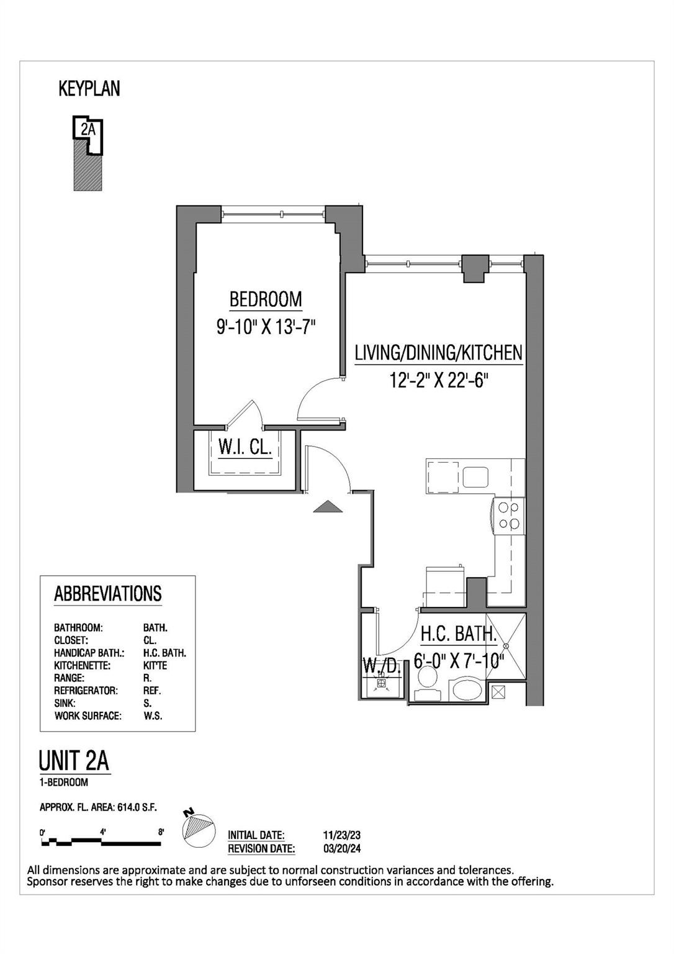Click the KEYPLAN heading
pos(89,89)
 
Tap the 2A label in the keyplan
pos(88,130)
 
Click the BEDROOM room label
pos(266,299)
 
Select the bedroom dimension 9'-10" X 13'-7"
pos(266,327)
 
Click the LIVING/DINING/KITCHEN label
pos(438,353)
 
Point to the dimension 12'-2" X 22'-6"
pos(436,380)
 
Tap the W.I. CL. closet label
pos(245,447)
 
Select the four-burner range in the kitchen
pos(508,516)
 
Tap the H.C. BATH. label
pos(459,634)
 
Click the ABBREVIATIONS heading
pos(108,594)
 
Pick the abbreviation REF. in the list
pos(152,691)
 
